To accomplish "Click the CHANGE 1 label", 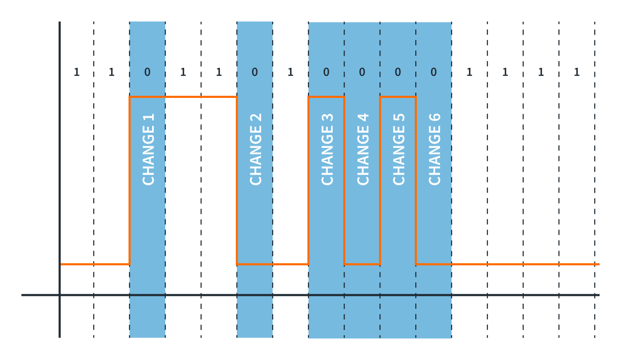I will (x=148, y=149).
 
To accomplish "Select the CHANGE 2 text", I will (x=256, y=149).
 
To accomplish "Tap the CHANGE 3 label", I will (x=327, y=149).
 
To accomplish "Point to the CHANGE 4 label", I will (x=363, y=149).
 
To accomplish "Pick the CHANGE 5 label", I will (x=399, y=149).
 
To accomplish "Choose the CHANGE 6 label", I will (x=435, y=149).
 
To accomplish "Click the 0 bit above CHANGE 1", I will (x=147, y=73).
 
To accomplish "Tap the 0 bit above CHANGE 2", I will (x=255, y=73).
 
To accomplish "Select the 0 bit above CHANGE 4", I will (x=362, y=73).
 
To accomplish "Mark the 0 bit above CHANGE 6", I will (x=434, y=73).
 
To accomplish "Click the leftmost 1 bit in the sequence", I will (x=76, y=73).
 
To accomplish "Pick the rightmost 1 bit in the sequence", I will (x=577, y=73).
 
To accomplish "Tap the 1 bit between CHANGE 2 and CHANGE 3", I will (x=291, y=73).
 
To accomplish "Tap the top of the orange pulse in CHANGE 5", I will (x=398, y=97).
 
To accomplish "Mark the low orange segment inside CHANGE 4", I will (x=362, y=264).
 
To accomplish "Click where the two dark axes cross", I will (x=59, y=295).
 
